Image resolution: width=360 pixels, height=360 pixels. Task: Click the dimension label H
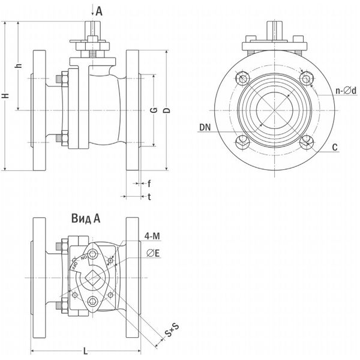6,97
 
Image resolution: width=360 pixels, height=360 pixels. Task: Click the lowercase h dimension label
20,67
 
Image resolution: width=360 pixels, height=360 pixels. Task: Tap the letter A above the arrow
99,10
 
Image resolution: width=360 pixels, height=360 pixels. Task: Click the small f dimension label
149,183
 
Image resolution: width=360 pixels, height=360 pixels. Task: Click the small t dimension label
149,196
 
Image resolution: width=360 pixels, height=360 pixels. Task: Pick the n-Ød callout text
346,91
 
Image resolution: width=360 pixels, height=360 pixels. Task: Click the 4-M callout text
152,235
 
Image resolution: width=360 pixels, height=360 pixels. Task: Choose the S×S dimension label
172,331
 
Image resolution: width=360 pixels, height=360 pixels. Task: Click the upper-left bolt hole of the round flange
242,78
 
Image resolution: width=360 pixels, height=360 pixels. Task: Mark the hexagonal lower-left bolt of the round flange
242,142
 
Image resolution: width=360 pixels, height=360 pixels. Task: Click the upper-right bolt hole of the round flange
307,78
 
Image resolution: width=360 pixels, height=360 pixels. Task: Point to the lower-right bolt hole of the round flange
307,142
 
